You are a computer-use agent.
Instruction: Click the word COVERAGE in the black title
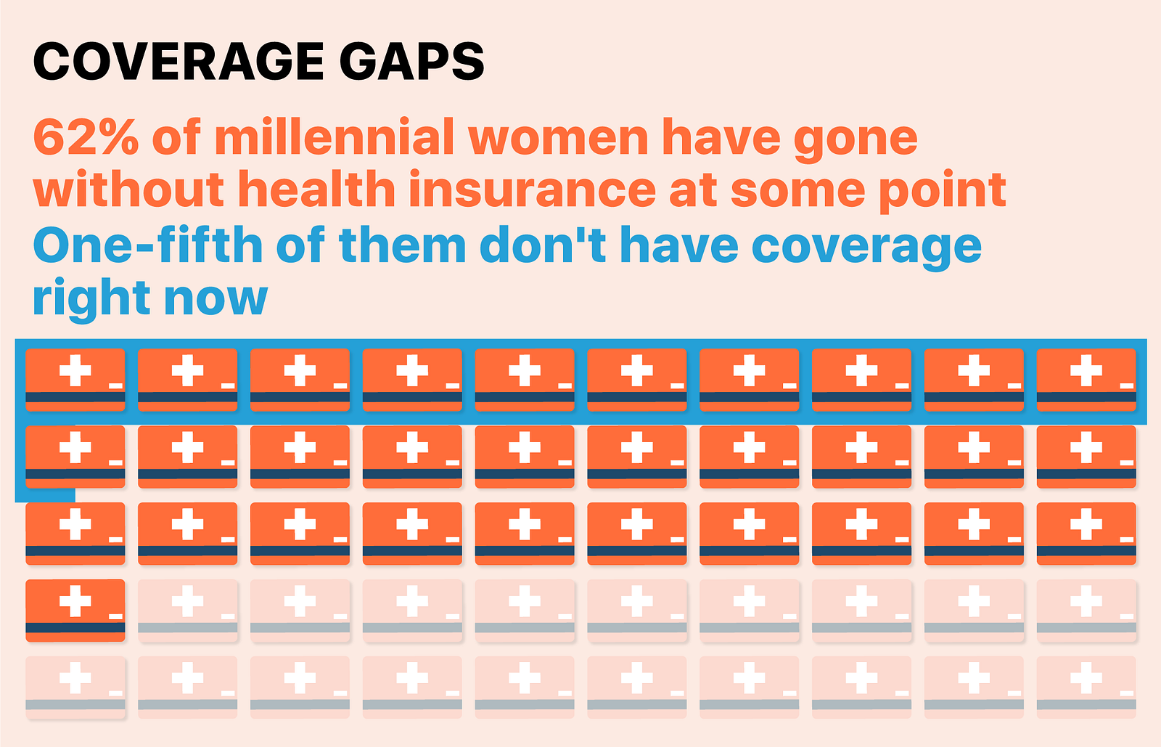tap(178, 62)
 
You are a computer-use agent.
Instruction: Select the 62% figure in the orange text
tap(86, 138)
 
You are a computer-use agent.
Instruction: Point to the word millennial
tap(335, 138)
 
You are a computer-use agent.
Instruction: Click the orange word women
tap(558, 138)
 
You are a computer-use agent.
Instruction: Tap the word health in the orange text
tap(316, 190)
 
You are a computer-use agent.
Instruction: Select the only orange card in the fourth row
tap(75, 610)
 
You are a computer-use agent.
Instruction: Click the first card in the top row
tap(75, 380)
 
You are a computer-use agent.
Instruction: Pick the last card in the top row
tap(1086, 380)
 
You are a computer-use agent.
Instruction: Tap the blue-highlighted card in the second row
tap(75, 457)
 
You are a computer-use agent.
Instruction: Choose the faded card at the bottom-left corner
tap(75, 687)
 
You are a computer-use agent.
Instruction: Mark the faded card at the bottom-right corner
tap(1086, 687)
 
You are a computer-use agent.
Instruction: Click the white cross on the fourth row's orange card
tap(75, 600)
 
